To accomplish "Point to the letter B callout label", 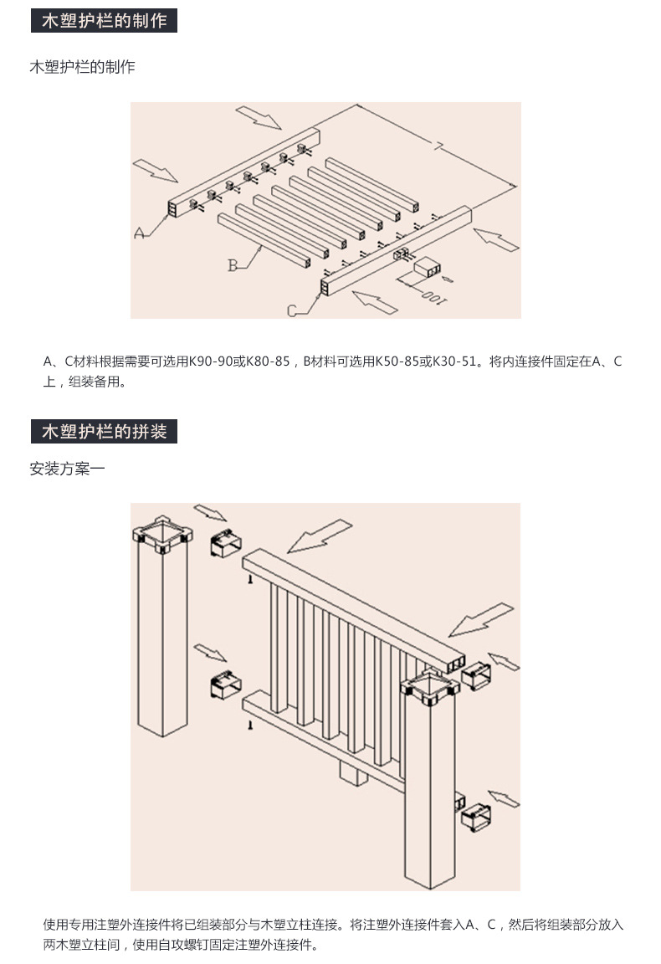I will [x=233, y=266].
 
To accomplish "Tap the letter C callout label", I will [x=293, y=311].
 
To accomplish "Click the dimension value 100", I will [x=432, y=294].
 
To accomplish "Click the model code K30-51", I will [x=456, y=361].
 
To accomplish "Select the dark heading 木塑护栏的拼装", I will [x=104, y=432].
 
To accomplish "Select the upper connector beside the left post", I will [x=224, y=545].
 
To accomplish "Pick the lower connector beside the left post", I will [x=223, y=685].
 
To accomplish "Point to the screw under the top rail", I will [x=249, y=579].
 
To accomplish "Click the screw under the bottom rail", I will [x=249, y=729].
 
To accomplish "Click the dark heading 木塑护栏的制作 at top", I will [x=104, y=21].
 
